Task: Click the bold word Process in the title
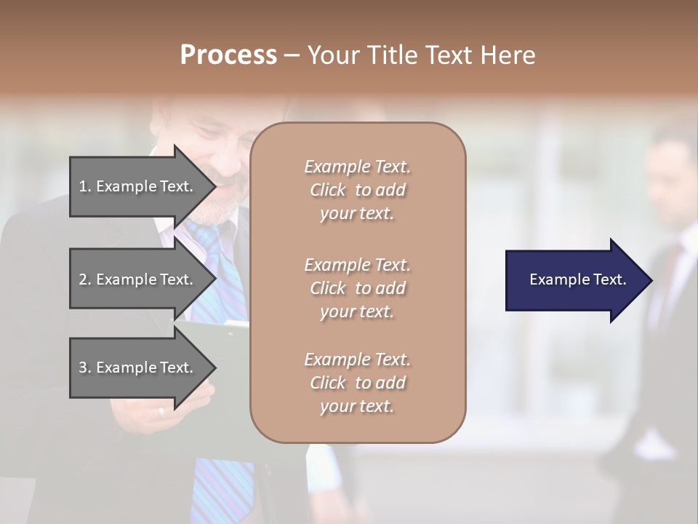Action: click(228, 55)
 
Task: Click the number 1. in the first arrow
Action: click(85, 186)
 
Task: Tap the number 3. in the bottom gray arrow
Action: click(85, 368)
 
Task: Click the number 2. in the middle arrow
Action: click(85, 279)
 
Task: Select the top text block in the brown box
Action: click(357, 190)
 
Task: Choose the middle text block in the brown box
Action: click(357, 287)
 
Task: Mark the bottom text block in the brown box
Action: click(357, 383)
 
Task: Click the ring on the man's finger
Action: click(161, 412)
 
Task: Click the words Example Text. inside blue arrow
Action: click(578, 279)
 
